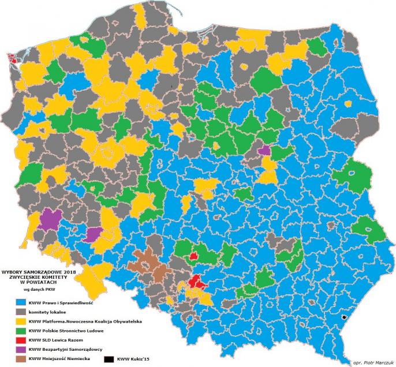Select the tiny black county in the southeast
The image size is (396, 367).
click(345, 317)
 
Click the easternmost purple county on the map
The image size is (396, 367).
click(264, 150)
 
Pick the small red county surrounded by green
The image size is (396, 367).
click(194, 255)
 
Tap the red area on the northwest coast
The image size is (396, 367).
click(12, 57)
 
